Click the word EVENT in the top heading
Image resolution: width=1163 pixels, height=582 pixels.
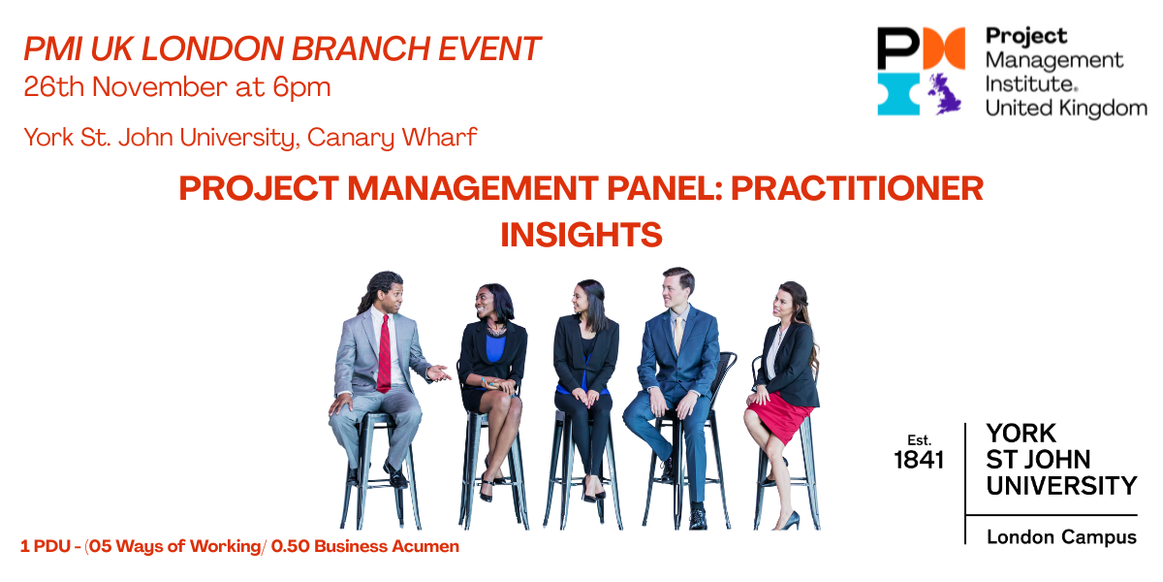pyautogui.click(x=489, y=48)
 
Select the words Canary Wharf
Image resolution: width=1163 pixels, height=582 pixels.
pyautogui.click(x=392, y=138)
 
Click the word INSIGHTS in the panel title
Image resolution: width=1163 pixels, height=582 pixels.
pyautogui.click(x=581, y=235)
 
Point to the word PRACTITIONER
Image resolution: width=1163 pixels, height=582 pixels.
pyautogui.click(x=857, y=187)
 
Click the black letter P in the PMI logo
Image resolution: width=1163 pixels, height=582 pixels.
pyautogui.click(x=898, y=48)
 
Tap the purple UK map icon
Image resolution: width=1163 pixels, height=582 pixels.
pyautogui.click(x=945, y=94)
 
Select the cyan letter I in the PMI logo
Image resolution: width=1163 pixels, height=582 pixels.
pyautogui.click(x=898, y=94)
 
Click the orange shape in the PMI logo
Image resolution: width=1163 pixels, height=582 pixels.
pyautogui.click(x=944, y=48)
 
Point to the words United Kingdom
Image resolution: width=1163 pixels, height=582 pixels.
pyautogui.click(x=1066, y=108)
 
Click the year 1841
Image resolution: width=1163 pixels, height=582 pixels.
pyautogui.click(x=919, y=460)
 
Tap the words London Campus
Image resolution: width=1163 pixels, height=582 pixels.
pyautogui.click(x=1062, y=536)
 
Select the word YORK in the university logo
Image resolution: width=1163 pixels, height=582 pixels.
pyautogui.click(x=1022, y=433)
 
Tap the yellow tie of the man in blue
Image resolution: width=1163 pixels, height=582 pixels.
pyautogui.click(x=678, y=334)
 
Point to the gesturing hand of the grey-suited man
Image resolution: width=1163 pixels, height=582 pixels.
pyautogui.click(x=439, y=372)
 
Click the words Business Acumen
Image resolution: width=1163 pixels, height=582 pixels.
pyautogui.click(x=387, y=546)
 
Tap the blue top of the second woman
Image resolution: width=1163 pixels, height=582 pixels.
pyautogui.click(x=494, y=348)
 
